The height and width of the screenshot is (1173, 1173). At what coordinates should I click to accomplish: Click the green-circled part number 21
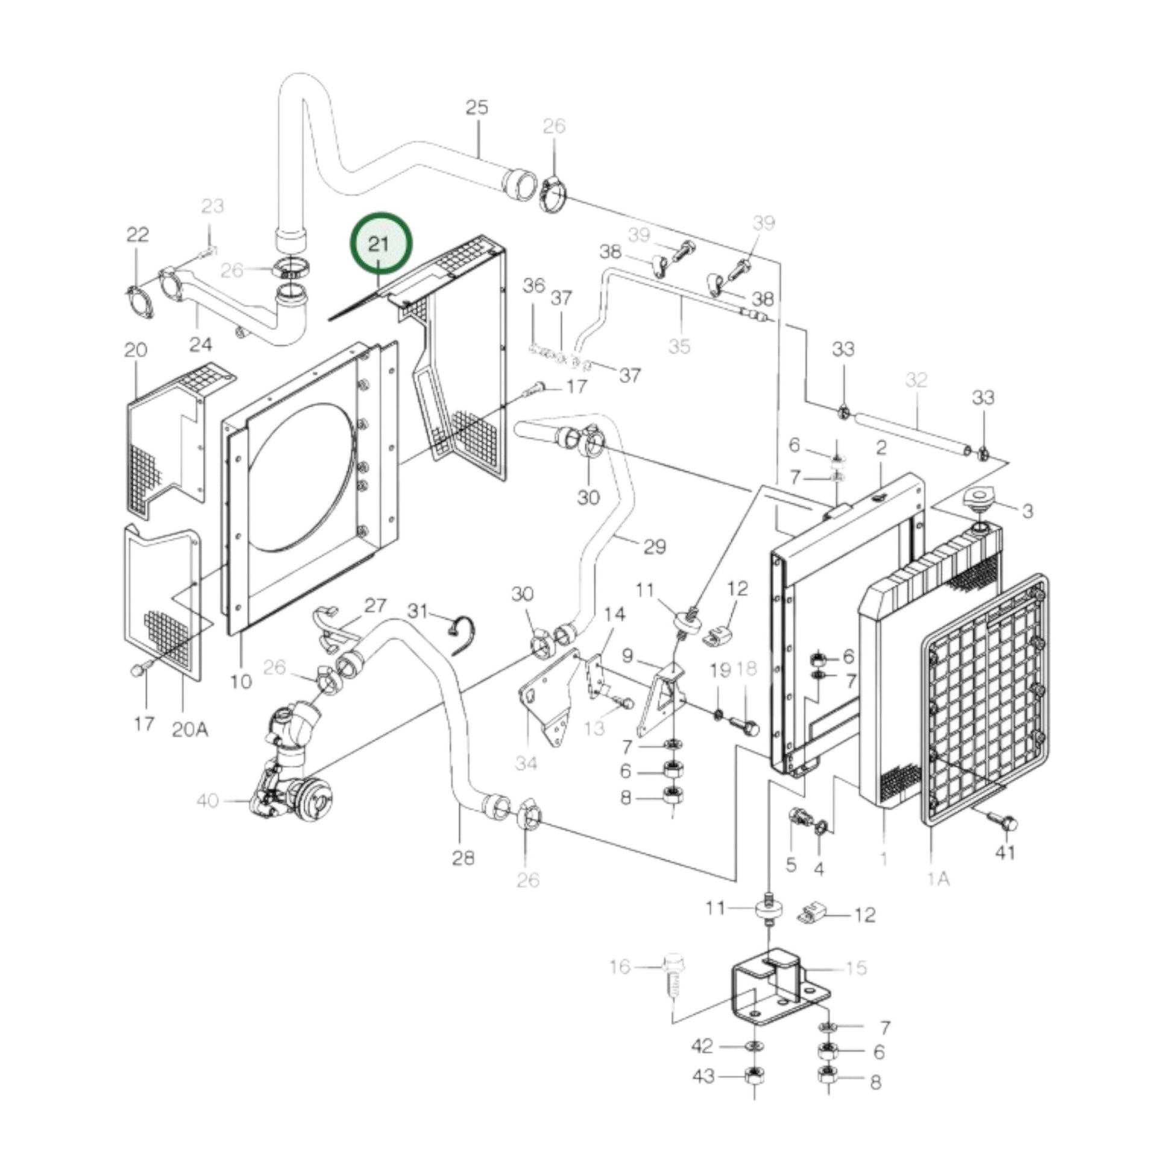click(379, 244)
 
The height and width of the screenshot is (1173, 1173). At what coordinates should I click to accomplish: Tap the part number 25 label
click(477, 107)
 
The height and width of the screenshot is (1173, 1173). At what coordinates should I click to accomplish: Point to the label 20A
click(190, 729)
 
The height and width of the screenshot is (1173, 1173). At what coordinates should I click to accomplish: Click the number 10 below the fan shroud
click(241, 681)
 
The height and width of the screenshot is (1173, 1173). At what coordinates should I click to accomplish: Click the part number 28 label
click(463, 858)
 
